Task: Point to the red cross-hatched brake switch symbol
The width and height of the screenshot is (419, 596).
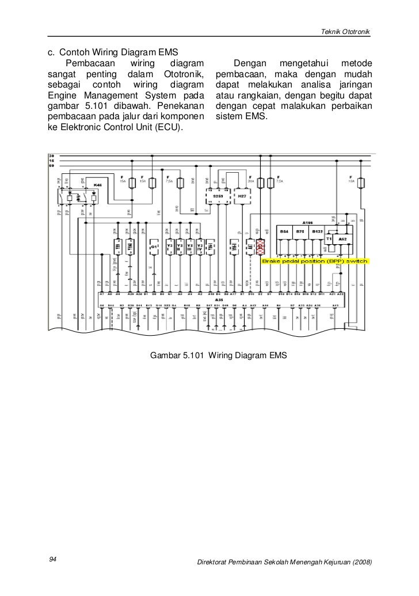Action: click(x=260, y=247)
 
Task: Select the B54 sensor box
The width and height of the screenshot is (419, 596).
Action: click(x=284, y=231)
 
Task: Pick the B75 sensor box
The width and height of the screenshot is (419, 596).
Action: click(x=300, y=231)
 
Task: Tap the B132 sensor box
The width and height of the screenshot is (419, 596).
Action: click(x=317, y=231)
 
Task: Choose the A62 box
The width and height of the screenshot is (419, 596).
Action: click(x=342, y=237)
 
